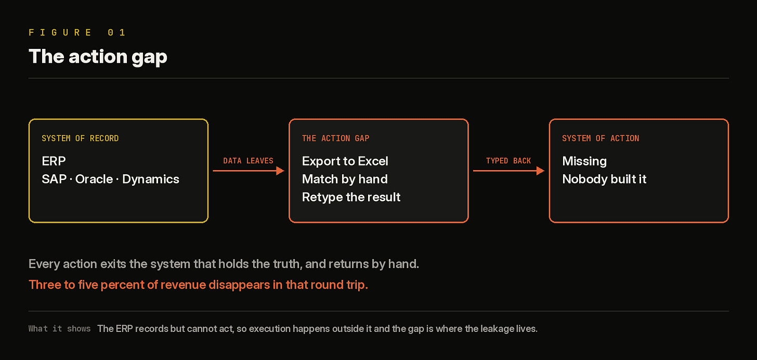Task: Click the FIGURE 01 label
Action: (77, 32)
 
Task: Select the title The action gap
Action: (98, 57)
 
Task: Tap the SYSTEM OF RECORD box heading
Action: (80, 138)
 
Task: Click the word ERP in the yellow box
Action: (54, 161)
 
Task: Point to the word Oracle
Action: (94, 179)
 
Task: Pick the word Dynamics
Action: (151, 179)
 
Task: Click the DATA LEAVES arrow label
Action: (248, 161)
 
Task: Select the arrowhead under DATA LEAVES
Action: (280, 171)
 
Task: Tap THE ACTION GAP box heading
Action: (335, 138)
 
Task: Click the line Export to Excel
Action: (345, 161)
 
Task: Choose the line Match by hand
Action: (345, 179)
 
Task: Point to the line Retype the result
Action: (351, 197)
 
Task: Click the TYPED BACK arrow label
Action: (508, 161)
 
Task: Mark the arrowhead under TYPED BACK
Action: (540, 171)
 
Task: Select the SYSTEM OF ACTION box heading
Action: (601, 138)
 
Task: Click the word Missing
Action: (584, 161)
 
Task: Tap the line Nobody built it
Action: (604, 179)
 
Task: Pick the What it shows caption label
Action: (59, 329)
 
